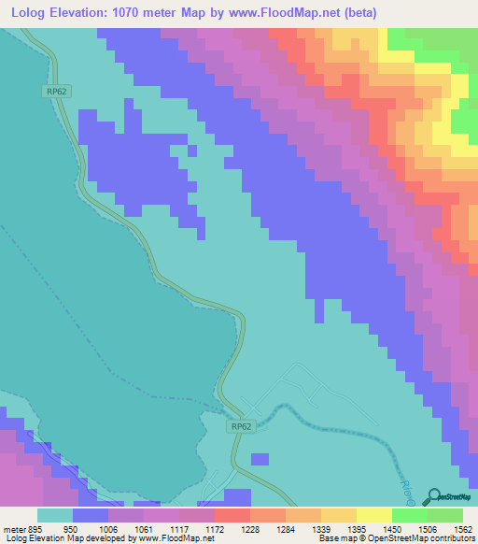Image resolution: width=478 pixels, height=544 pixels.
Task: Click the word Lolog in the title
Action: click(31, 12)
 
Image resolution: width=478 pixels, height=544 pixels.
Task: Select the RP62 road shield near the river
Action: click(241, 425)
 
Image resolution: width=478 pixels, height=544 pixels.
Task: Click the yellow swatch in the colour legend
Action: click(374, 515)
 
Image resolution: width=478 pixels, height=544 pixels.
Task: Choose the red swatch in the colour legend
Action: click(232, 515)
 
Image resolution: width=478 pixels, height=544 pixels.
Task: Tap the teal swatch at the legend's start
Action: click(55, 515)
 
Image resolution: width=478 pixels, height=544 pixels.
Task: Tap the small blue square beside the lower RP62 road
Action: click(260, 459)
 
